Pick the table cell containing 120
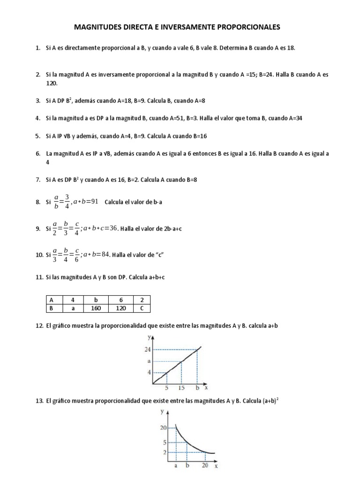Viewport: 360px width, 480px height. pos(120,308)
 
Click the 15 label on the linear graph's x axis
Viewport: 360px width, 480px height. pos(181,388)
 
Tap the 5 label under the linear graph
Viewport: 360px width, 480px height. pos(166,388)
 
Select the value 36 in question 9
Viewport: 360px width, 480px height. pos(113,228)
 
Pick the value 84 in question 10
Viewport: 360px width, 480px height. pos(105,254)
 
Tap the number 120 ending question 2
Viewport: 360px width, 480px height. pos(51,83)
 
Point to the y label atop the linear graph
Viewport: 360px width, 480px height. pos(149,337)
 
